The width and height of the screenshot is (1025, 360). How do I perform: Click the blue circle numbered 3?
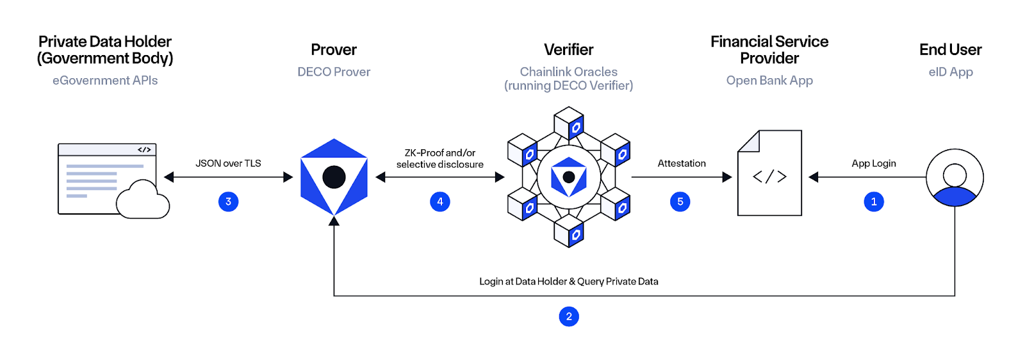228,202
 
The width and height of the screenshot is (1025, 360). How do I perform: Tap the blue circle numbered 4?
439,202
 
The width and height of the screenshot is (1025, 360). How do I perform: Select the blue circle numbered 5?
680,202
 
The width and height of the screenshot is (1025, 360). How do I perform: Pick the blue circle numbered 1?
873,202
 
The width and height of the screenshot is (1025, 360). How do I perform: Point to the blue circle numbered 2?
568,316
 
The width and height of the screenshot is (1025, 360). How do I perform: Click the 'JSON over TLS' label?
228,163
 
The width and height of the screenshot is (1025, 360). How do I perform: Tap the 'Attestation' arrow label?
682,163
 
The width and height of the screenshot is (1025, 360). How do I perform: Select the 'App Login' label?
873,163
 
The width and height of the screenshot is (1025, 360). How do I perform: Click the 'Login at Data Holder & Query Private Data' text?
568,281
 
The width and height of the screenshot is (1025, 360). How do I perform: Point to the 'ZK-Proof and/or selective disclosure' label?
439,158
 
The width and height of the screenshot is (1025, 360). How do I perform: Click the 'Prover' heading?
334,50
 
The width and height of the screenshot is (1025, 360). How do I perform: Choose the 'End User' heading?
950,50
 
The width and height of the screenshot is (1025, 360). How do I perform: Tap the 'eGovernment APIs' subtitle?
105,81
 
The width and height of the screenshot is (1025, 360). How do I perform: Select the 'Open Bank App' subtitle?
769,81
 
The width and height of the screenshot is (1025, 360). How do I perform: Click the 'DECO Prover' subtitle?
334,72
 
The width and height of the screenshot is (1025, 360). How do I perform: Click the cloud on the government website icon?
143,201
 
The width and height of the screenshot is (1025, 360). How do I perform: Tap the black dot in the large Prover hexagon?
334,177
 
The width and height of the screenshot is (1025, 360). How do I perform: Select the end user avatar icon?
955,177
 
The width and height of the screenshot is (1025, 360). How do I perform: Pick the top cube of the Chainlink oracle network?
568,122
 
